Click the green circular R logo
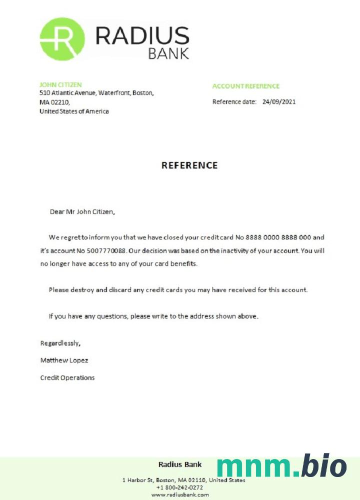62,39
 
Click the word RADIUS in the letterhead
142,36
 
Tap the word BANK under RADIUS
168,53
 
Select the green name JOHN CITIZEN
60,85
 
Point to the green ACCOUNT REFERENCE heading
245,86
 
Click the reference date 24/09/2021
279,102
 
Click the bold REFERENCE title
189,165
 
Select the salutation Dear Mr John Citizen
82,211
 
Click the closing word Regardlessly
60,343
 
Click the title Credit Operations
67,378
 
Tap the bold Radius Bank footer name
179,464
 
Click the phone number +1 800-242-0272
179,487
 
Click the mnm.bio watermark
281,466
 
